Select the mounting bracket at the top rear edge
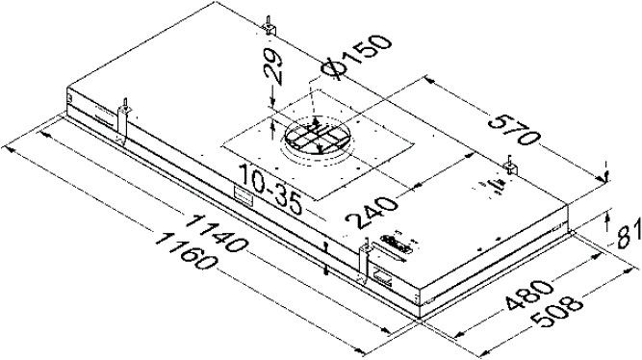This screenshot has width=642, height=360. coord(271,26)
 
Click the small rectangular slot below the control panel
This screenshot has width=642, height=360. coord(383,280)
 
